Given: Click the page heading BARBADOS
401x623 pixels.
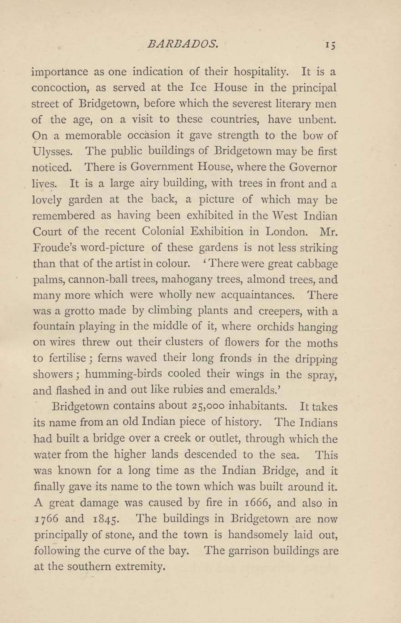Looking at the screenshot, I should click(x=183, y=45).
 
